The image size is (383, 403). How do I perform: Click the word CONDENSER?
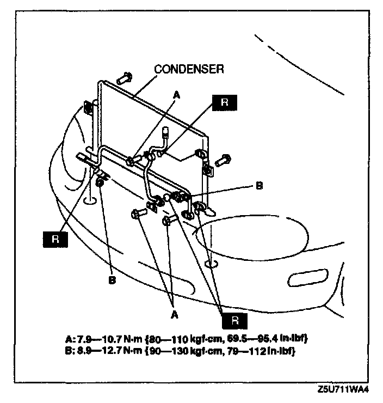(189, 69)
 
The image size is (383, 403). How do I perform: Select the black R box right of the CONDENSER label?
(222, 103)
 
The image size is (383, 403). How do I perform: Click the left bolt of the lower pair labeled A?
(137, 213)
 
